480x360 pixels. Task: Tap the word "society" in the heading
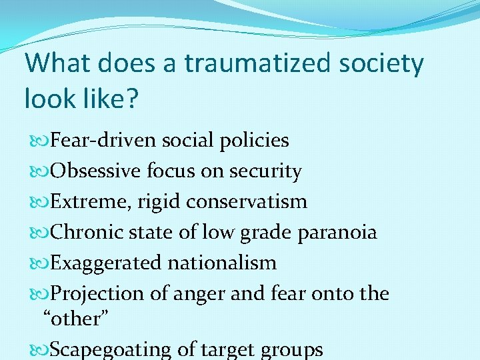click(381, 64)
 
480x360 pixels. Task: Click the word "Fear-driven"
click(103, 141)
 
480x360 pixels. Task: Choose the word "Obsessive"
click(95, 171)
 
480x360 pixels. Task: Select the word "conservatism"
click(247, 201)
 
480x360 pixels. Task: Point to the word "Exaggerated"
click(106, 263)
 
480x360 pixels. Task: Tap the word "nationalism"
click(222, 263)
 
